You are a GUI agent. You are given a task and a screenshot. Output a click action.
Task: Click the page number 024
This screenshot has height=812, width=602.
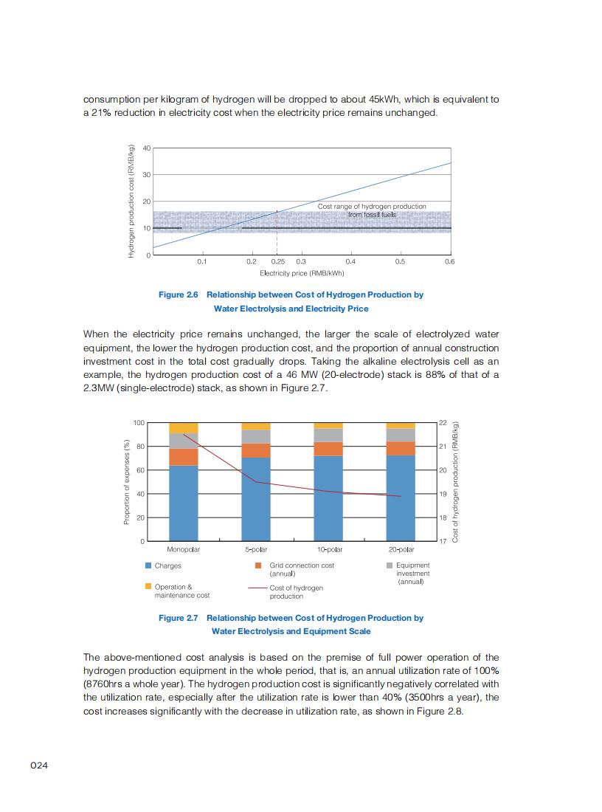tap(38, 765)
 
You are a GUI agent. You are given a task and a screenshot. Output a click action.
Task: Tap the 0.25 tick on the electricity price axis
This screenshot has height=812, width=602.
tap(277, 261)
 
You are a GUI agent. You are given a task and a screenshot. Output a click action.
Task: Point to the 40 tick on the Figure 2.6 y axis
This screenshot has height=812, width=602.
tap(147, 148)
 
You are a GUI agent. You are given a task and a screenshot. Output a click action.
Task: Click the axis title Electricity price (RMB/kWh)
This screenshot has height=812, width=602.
tap(302, 273)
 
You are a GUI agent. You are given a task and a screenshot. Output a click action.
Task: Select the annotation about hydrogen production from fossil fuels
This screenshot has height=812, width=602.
tap(372, 210)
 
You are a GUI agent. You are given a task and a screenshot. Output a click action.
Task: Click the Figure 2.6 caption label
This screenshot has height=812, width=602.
tap(179, 295)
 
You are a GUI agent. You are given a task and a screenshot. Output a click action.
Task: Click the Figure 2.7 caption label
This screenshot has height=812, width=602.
tap(179, 618)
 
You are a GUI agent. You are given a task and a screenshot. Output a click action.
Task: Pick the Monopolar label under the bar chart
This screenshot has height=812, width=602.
tap(184, 550)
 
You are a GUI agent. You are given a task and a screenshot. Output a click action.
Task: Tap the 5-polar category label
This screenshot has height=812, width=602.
tap(256, 550)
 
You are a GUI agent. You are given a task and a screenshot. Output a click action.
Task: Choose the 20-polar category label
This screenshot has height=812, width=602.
tap(401, 550)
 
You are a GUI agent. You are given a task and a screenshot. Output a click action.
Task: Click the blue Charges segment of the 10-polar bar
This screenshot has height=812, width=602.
tap(328, 499)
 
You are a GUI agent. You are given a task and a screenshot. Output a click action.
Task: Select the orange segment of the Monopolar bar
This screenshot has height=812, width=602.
tap(184, 457)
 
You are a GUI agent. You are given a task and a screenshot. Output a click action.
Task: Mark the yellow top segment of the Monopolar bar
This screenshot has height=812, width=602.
tap(184, 427)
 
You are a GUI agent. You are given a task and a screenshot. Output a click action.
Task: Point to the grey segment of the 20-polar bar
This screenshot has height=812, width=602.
tap(401, 435)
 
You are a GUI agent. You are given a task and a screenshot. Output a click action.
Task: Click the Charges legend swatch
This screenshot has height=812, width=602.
tap(148, 565)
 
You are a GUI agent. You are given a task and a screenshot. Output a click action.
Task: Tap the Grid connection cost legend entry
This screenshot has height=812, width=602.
tap(302, 569)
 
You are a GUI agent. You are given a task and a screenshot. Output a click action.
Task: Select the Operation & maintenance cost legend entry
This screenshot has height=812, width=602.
tap(181, 591)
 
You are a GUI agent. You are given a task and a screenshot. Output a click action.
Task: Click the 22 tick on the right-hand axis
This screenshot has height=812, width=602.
tap(443, 422)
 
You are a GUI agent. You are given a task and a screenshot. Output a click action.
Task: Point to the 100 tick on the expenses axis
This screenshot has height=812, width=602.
tap(139, 422)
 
